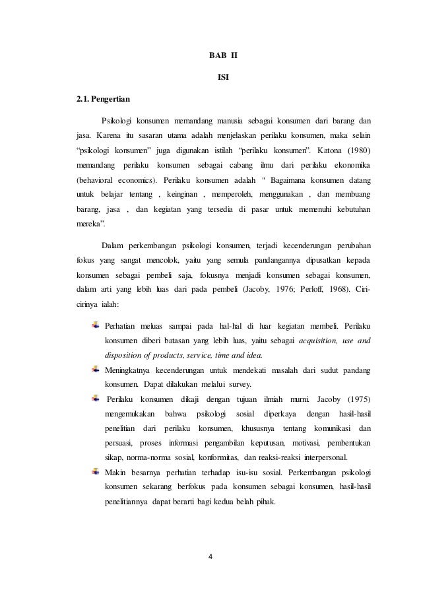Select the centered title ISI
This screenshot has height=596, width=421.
223,77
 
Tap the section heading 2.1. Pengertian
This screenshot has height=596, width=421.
102,100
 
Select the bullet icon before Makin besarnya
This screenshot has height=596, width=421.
96,472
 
